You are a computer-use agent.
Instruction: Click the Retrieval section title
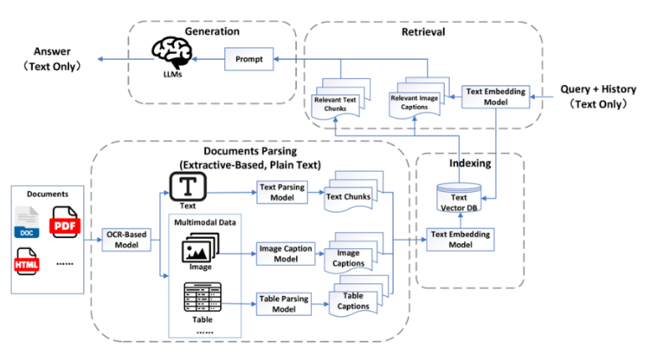[x=423, y=32]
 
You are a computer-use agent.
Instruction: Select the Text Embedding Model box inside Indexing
[x=460, y=239]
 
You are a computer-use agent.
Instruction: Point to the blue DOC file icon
[x=29, y=221]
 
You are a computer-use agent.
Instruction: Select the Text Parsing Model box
[x=281, y=192]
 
